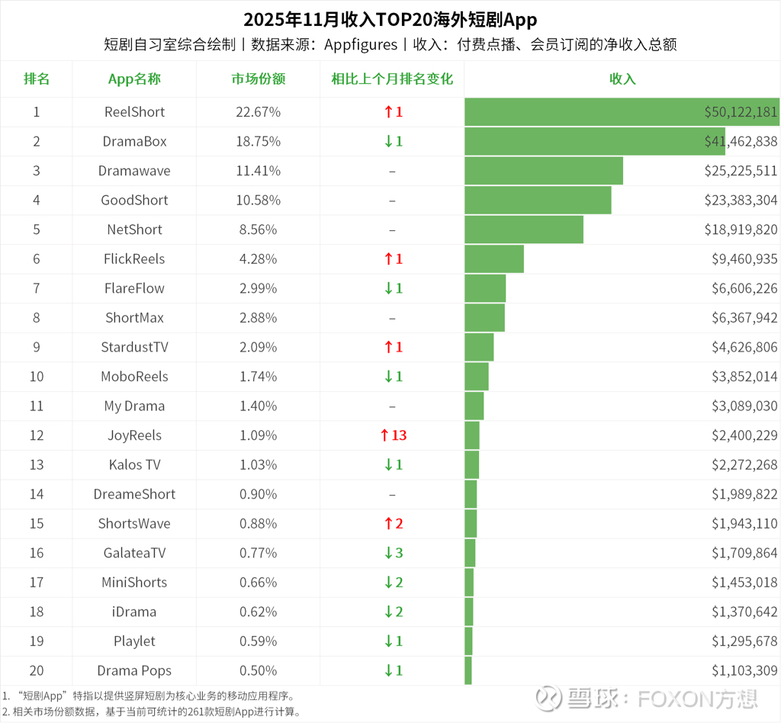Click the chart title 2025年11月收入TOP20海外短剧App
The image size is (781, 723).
(x=390, y=19)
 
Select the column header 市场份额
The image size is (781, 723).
(x=259, y=79)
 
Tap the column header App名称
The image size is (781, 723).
(x=134, y=79)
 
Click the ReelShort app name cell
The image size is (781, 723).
(x=134, y=112)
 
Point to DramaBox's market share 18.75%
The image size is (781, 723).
(x=259, y=142)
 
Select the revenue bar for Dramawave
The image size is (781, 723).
(x=543, y=171)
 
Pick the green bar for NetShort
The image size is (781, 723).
(x=523, y=230)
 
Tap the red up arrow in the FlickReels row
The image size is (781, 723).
(x=388, y=259)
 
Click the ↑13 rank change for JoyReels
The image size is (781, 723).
(x=393, y=435)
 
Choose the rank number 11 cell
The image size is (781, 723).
(x=37, y=406)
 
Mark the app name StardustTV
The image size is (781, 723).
(x=134, y=348)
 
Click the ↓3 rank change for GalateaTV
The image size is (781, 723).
(x=393, y=553)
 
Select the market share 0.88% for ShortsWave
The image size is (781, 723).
(x=259, y=524)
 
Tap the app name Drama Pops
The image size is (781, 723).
(x=134, y=671)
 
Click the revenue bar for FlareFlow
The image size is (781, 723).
(x=485, y=288)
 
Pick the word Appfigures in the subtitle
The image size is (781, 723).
(x=361, y=45)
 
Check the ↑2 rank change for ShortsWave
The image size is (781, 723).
(x=393, y=524)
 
